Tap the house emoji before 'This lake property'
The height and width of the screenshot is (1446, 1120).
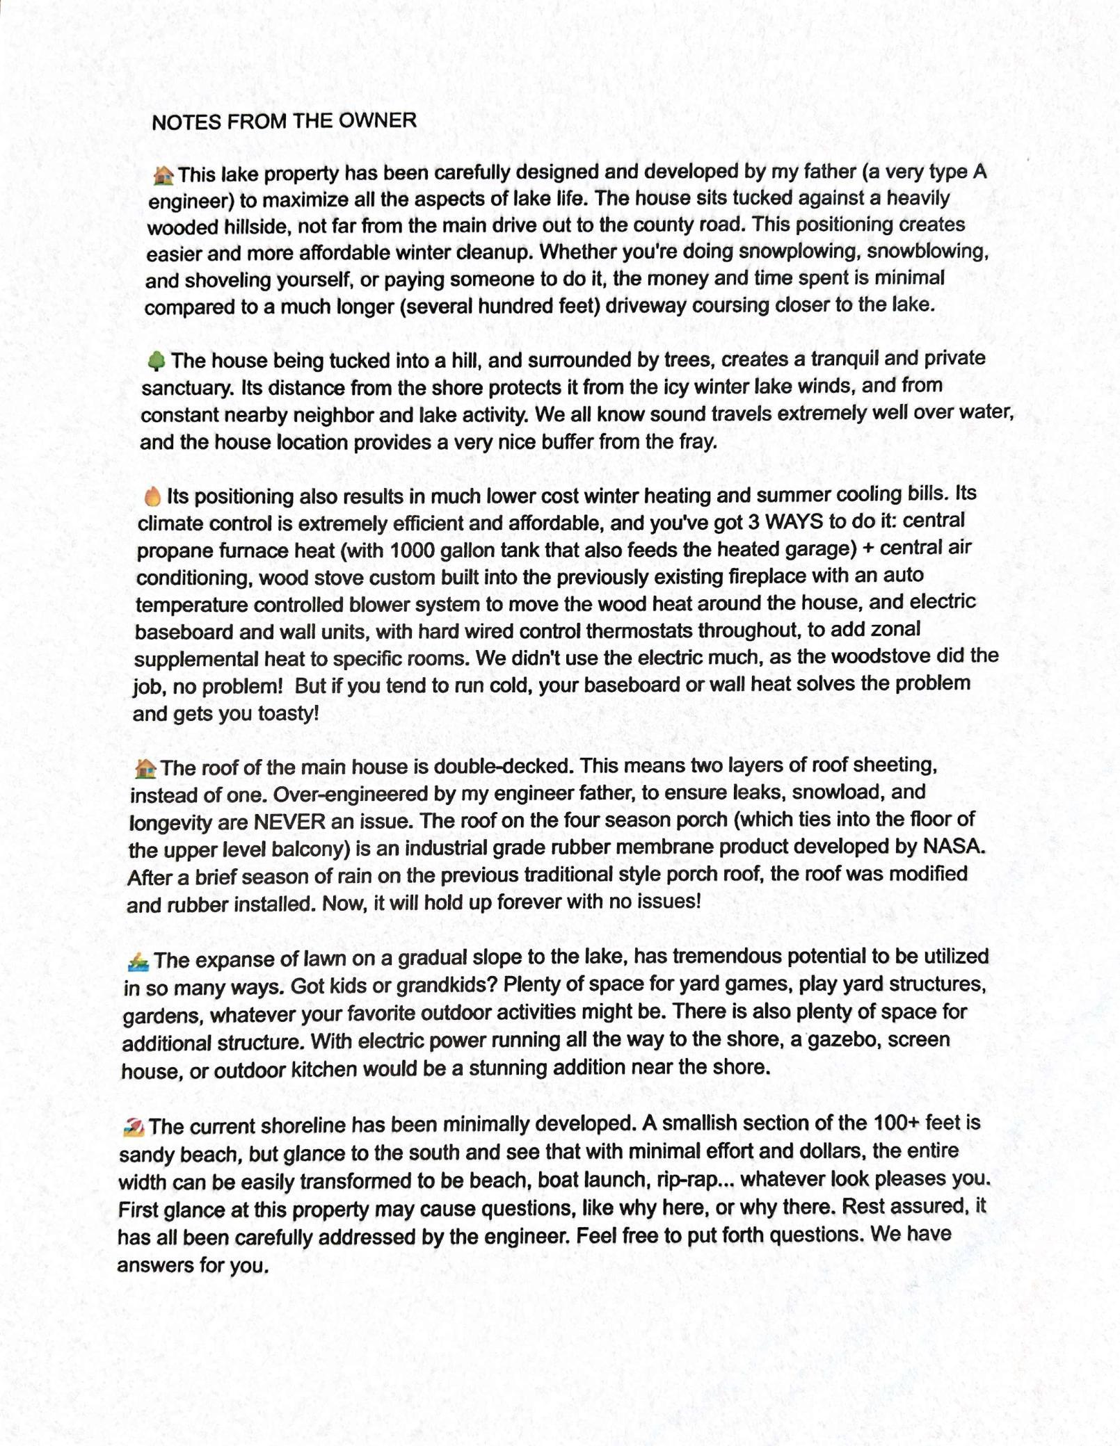tap(163, 175)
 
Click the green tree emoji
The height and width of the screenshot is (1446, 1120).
tap(157, 361)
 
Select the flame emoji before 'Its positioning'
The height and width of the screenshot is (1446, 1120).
tap(152, 496)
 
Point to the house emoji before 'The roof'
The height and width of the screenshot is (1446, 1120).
tap(145, 769)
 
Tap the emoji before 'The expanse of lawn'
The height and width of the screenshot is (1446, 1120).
tap(138, 962)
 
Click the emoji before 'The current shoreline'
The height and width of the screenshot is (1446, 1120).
tap(133, 1127)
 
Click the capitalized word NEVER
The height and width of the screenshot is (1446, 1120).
tap(289, 822)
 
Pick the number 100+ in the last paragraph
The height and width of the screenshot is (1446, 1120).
tap(904, 1123)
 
